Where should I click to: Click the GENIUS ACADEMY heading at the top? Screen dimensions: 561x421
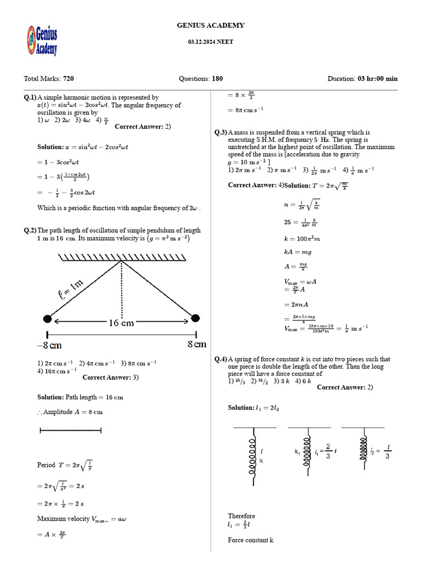coord(210,25)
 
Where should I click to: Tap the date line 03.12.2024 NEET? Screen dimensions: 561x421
coord(210,42)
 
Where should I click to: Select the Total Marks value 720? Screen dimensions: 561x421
coord(69,78)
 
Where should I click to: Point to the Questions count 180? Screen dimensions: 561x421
coord(217,78)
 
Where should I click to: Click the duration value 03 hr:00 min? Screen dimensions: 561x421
coord(378,78)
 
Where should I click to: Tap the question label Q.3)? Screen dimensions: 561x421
coord(220,132)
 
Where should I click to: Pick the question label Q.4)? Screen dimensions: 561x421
coord(220,359)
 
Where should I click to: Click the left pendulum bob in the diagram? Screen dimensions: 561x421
coord(48,319)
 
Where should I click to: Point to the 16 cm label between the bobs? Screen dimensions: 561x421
coord(121,323)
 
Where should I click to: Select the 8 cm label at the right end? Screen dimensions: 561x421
coord(196,345)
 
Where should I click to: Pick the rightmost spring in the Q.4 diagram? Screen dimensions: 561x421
coord(362,449)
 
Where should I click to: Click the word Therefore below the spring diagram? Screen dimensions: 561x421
coord(241,516)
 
